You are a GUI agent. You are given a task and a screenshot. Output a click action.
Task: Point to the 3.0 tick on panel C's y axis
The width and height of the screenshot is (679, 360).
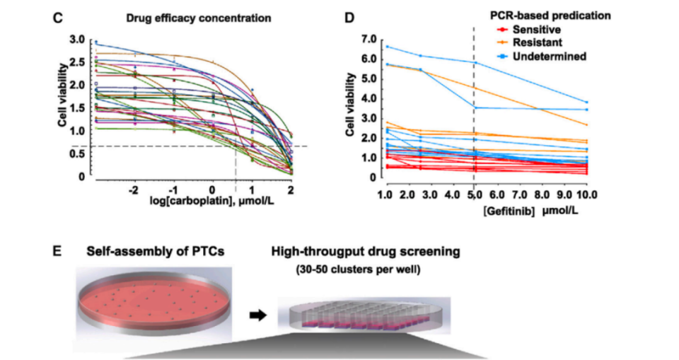coord(77,39)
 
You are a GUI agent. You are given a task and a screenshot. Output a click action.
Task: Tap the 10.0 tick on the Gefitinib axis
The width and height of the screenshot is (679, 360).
coord(587,194)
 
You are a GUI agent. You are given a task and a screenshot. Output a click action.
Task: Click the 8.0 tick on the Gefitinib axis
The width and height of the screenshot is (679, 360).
coord(541,194)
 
